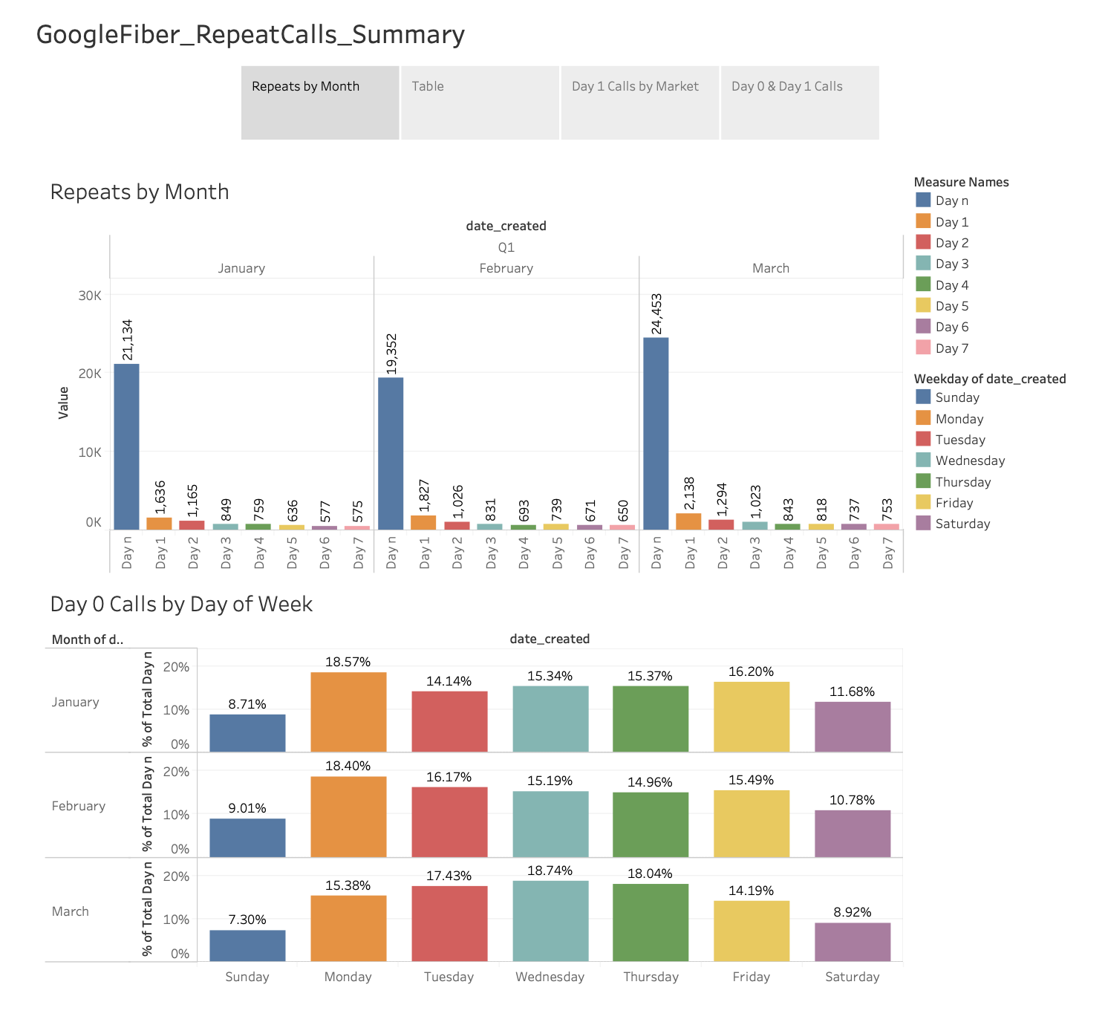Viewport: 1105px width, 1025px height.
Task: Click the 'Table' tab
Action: pos(479,102)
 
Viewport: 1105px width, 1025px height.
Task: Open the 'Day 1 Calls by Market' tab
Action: pos(639,102)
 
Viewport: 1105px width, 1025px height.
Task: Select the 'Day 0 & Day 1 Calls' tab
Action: pos(799,102)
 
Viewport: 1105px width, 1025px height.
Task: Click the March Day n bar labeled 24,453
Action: pos(656,434)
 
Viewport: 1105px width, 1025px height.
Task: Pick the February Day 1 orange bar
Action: pos(423,523)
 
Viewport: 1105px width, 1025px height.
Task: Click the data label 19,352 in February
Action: pos(392,354)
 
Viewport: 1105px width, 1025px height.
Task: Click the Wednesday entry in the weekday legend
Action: pos(969,461)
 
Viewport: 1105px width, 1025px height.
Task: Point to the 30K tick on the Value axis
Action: pos(90,296)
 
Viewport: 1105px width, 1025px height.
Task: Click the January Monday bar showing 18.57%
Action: pos(348,712)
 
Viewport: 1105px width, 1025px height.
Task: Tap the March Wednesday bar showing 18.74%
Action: pos(550,920)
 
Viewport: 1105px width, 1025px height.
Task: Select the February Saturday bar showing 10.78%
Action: pos(853,833)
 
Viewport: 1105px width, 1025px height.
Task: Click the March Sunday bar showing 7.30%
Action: pos(247,946)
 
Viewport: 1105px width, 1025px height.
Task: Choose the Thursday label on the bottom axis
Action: pos(651,977)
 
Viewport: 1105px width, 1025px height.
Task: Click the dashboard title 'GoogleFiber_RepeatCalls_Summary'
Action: pos(250,35)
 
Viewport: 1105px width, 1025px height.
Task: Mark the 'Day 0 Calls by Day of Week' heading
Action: pos(181,605)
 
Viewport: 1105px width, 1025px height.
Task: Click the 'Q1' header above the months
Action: pos(506,247)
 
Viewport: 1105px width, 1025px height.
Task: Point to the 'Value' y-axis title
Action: pos(63,403)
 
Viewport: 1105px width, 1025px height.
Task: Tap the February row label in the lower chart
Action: pos(79,806)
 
